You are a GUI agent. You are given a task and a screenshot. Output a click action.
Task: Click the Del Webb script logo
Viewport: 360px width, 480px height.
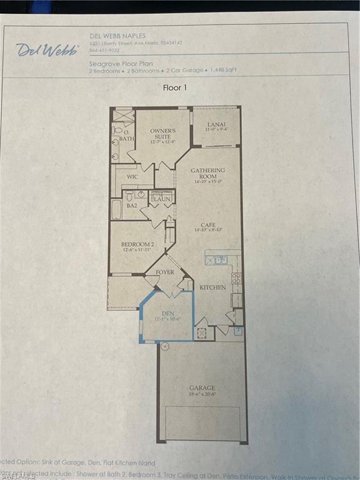[x=47, y=50]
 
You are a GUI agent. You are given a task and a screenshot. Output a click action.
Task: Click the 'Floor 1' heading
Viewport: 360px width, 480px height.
[x=175, y=88]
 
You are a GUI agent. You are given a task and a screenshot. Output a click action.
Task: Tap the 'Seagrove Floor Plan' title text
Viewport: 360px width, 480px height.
[x=116, y=63]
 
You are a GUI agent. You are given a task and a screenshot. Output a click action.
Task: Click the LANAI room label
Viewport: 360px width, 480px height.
[x=217, y=124]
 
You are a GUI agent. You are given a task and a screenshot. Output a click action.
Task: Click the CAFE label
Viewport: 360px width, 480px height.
[x=208, y=224]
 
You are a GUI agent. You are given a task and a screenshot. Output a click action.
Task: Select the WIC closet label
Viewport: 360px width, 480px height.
[x=132, y=177]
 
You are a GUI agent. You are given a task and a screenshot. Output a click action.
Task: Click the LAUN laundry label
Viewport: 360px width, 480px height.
[x=162, y=199]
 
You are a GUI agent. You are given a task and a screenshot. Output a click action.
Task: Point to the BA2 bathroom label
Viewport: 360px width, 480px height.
[x=132, y=204]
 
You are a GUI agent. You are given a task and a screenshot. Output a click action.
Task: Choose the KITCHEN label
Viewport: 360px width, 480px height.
[x=212, y=287]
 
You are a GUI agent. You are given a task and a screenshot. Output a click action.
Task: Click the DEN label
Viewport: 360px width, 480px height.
[x=167, y=313]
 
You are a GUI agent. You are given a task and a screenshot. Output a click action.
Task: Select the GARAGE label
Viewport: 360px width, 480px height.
[x=202, y=387]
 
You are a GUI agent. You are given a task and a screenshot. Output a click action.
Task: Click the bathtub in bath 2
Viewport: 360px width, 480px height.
[x=116, y=209]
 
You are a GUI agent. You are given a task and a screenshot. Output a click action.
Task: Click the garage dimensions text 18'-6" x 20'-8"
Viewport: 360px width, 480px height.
[x=202, y=395]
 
